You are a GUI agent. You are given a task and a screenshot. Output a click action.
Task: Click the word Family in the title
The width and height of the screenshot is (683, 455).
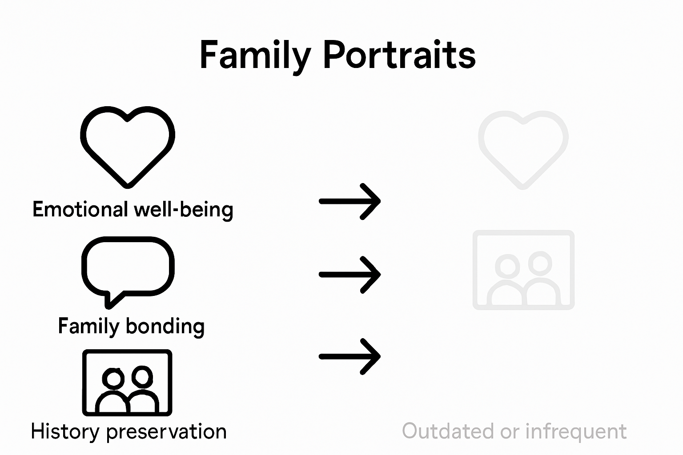point(255,55)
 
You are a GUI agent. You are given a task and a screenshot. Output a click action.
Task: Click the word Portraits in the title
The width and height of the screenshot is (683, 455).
point(399,55)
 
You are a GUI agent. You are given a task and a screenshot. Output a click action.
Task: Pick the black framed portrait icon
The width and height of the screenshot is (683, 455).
point(127,383)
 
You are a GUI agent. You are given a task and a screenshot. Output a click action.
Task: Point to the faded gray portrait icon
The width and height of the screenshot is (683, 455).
point(523,270)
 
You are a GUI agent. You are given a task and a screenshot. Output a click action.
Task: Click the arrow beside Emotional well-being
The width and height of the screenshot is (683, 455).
point(350,201)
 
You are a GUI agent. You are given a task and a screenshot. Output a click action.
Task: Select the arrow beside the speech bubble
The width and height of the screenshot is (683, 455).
point(350,275)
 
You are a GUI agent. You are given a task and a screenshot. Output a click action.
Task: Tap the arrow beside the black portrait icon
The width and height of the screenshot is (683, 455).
point(350,356)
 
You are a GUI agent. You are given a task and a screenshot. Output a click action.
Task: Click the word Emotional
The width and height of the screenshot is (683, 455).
point(80,209)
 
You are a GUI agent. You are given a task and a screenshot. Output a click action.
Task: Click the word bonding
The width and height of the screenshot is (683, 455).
point(165,326)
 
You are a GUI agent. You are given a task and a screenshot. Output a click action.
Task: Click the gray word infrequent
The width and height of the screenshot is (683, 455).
point(576,431)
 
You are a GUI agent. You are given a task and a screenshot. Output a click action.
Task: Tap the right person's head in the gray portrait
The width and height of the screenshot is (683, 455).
point(540,262)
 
